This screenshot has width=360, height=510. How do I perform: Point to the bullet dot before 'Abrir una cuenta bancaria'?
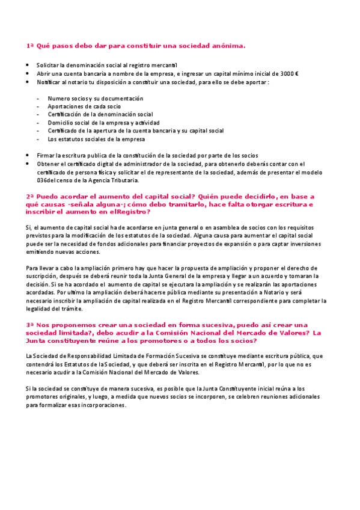tap(28, 73)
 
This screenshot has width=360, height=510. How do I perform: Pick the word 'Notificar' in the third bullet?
tap(49, 81)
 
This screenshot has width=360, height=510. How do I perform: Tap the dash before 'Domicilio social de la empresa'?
tap(38, 122)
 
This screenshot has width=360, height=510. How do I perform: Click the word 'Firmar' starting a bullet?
tap(45, 155)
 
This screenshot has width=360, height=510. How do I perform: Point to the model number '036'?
tap(41, 180)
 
